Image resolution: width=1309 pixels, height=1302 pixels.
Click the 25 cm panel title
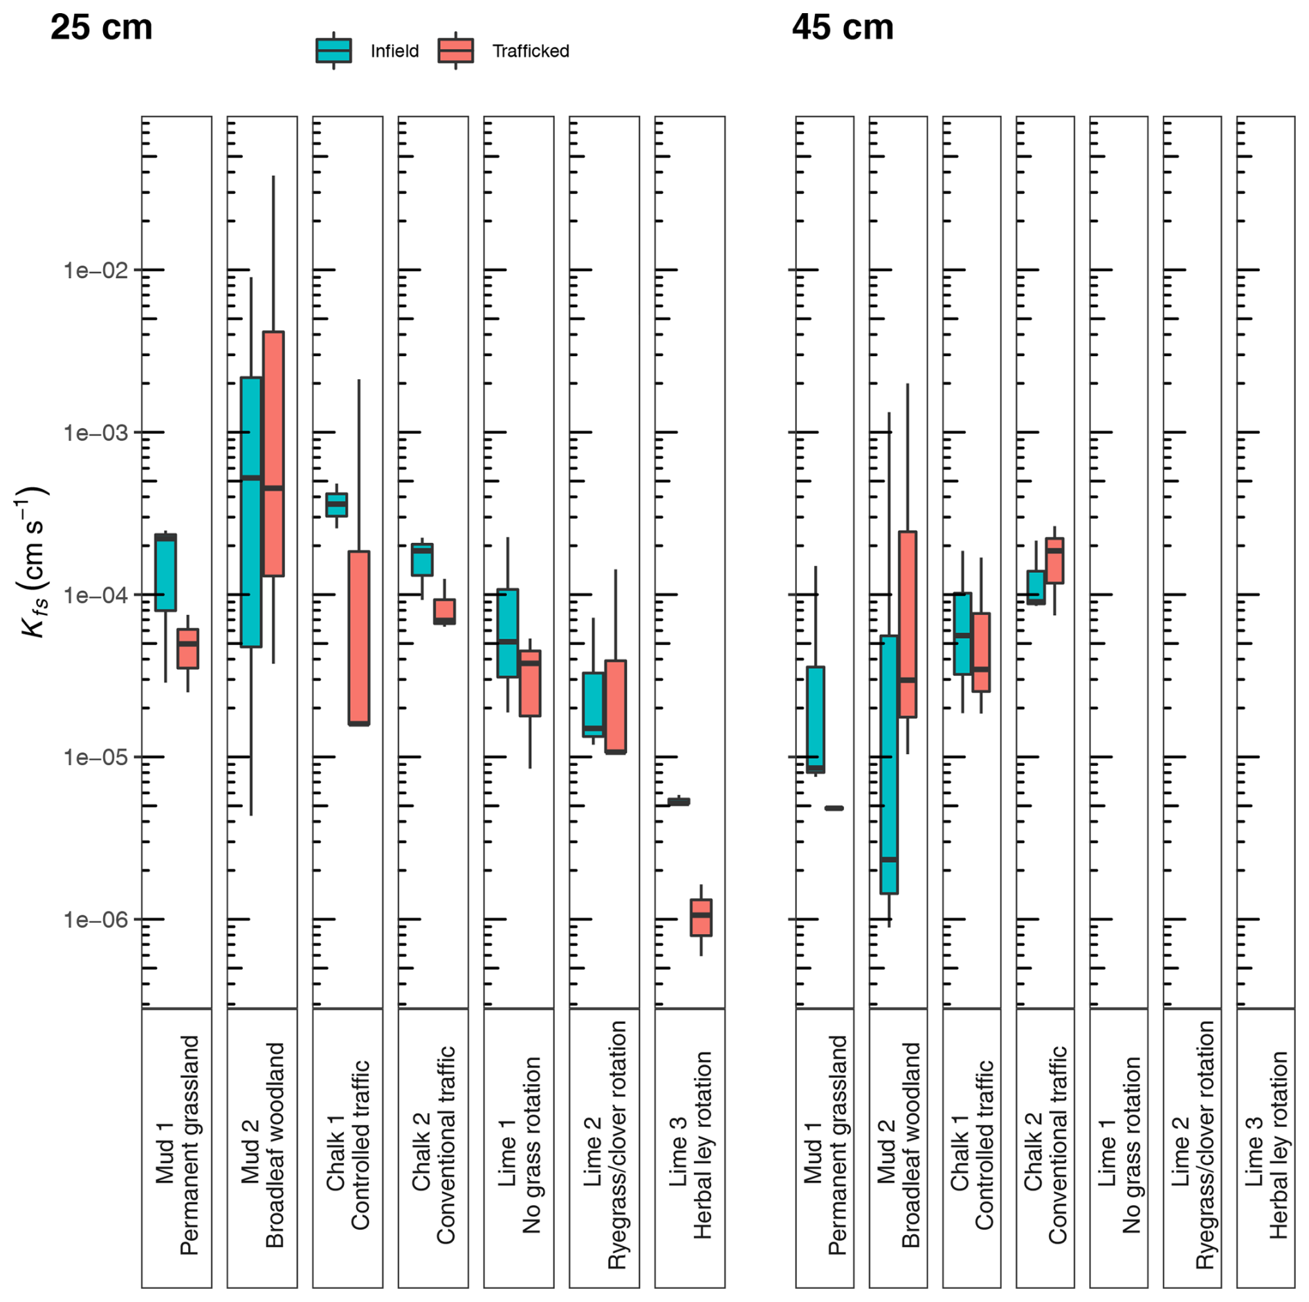click(102, 28)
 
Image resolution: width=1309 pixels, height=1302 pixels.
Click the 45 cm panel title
click(843, 28)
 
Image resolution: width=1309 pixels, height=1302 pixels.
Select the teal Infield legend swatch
click(333, 51)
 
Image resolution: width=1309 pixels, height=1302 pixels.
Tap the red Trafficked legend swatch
click(455, 51)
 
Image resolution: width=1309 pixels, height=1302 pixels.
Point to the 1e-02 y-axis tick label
click(95, 270)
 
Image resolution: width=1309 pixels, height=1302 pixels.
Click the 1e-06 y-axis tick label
click(95, 919)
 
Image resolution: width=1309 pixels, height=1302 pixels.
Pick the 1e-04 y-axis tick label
click(95, 595)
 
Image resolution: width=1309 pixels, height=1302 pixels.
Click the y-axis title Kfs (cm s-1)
click(32, 562)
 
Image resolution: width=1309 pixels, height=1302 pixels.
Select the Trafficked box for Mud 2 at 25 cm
click(273, 454)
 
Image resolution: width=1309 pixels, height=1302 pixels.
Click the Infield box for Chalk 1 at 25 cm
click(337, 505)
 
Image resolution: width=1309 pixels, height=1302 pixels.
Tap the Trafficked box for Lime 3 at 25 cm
click(701, 917)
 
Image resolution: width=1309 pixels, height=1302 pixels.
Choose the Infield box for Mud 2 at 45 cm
click(889, 764)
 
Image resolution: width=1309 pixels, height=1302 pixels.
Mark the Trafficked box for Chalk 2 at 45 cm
click(1054, 560)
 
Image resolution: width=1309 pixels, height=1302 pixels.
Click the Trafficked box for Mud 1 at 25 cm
click(187, 648)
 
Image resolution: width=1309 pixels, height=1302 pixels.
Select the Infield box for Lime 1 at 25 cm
click(508, 633)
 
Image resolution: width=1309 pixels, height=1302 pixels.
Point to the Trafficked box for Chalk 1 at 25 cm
click(358, 638)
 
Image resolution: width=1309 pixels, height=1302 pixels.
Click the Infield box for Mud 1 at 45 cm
click(816, 719)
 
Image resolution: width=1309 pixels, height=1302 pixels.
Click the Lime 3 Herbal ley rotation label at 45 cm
click(1266, 1145)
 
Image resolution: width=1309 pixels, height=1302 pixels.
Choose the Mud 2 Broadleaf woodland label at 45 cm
click(898, 1145)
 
